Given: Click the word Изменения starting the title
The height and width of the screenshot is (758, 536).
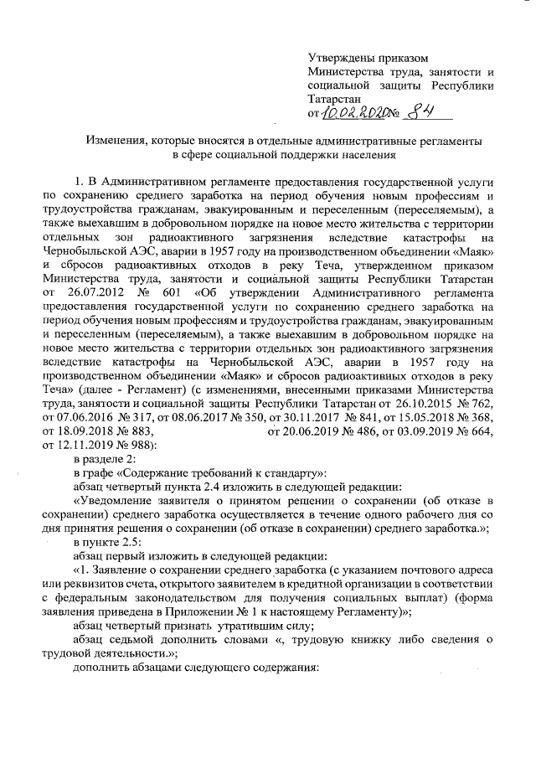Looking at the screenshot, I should tap(111, 141).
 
